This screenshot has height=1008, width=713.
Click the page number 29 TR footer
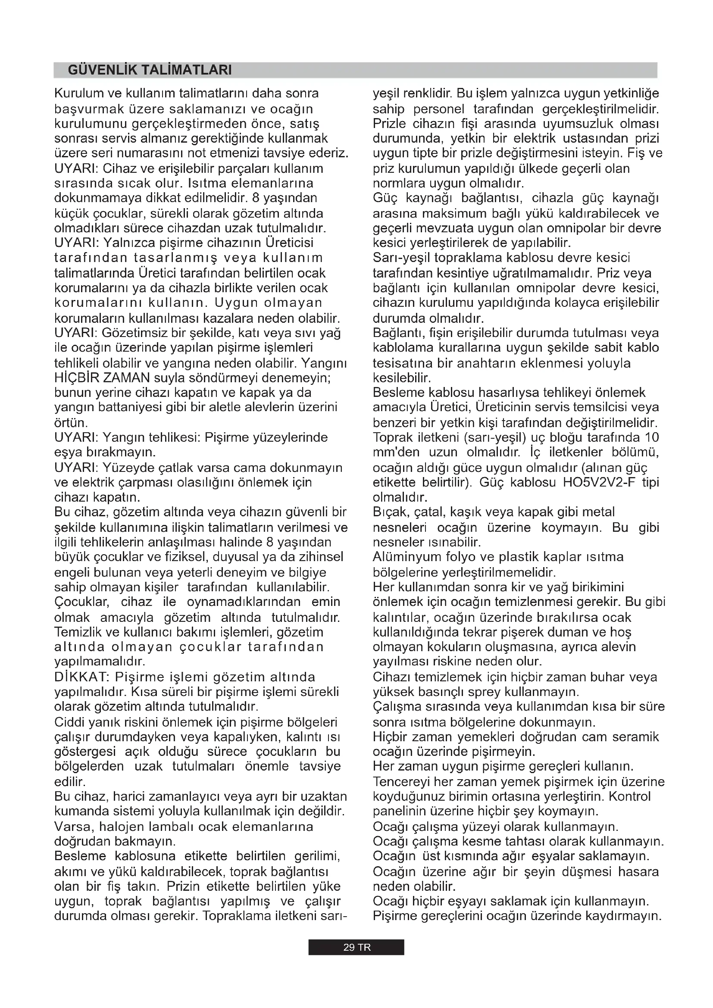[x=356, y=947]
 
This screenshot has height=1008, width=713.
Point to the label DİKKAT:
[x=78, y=677]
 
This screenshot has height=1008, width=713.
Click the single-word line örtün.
[x=71, y=423]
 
